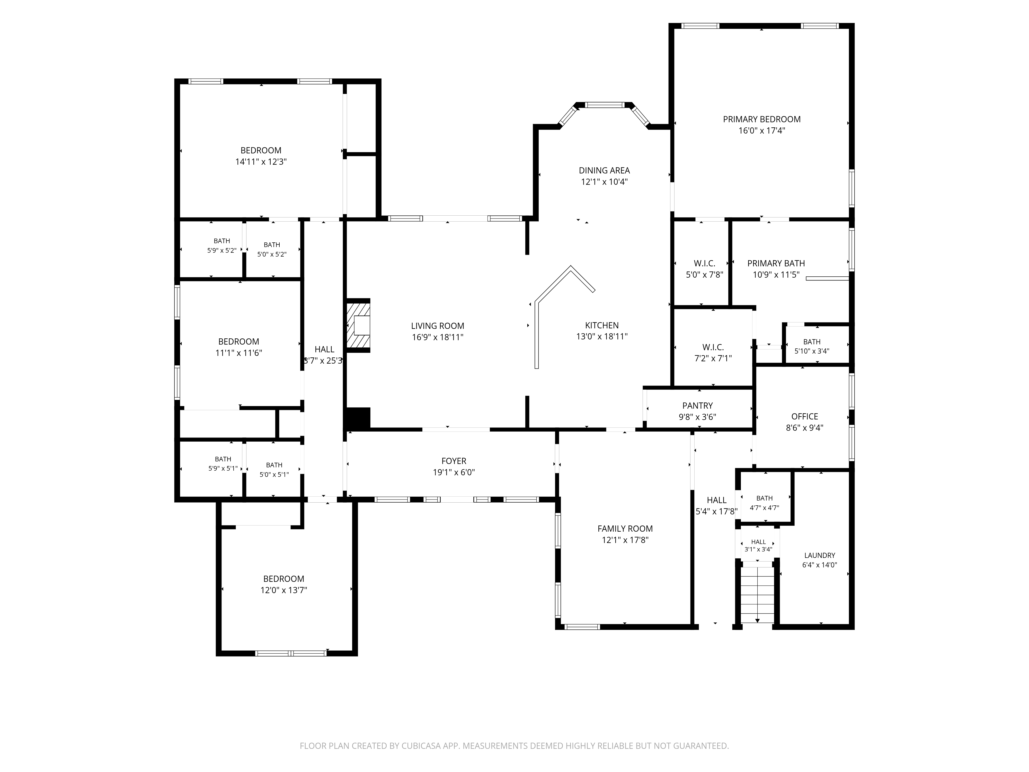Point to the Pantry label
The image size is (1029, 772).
point(697,406)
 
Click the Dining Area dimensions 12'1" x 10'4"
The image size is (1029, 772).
point(604,182)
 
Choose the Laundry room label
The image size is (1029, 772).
point(820,555)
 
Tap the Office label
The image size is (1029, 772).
point(804,416)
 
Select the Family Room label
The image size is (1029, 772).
point(625,529)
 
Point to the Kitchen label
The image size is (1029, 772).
point(602,325)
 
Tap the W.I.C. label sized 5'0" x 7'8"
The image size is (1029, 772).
point(704,264)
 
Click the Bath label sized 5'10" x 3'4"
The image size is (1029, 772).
point(812,341)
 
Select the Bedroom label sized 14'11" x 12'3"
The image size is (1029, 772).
point(261,150)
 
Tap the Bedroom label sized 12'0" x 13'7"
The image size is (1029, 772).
point(284,579)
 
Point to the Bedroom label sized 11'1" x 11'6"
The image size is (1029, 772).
point(239,341)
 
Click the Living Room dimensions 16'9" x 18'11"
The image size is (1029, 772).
point(438,337)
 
